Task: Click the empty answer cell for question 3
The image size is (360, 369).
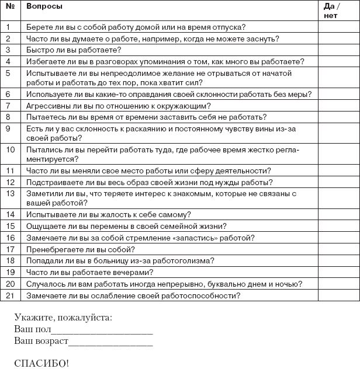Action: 338,50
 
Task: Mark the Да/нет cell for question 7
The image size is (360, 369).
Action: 338,106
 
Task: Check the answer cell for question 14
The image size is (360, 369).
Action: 338,214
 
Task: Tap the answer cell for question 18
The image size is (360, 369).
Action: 338,260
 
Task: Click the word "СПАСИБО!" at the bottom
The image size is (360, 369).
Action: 41,363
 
